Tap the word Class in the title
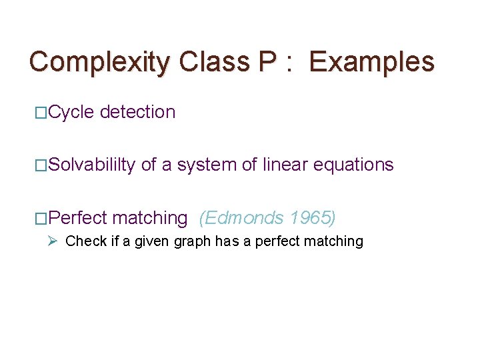pos(214,62)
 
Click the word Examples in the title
pos(372,62)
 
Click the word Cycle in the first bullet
pos(71,113)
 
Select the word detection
pos(137,112)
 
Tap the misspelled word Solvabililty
pos(92,165)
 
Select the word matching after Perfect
pos(150,219)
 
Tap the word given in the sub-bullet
pos(153,242)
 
